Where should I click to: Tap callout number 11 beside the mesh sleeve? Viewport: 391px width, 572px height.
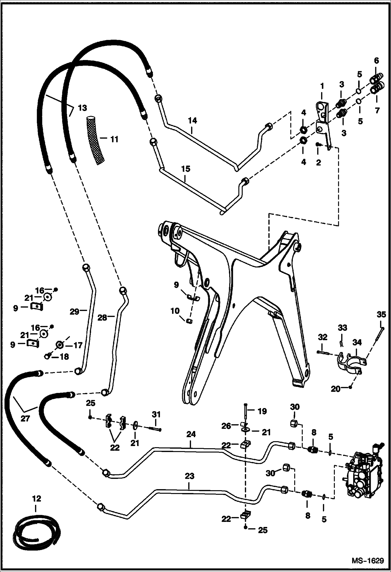114,139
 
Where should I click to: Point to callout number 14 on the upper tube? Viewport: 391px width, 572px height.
192,121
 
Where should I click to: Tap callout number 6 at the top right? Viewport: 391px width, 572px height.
376,61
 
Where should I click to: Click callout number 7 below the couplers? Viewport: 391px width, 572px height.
377,110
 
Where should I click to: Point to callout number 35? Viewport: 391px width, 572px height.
381,315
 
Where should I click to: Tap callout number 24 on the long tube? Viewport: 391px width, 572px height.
191,434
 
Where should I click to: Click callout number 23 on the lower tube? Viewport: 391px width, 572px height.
189,476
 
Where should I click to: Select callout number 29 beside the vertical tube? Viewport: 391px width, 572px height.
74,312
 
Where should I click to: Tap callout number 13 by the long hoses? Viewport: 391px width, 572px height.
82,108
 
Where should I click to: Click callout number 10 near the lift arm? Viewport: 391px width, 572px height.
175,311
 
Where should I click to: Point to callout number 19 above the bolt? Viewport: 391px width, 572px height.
262,411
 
